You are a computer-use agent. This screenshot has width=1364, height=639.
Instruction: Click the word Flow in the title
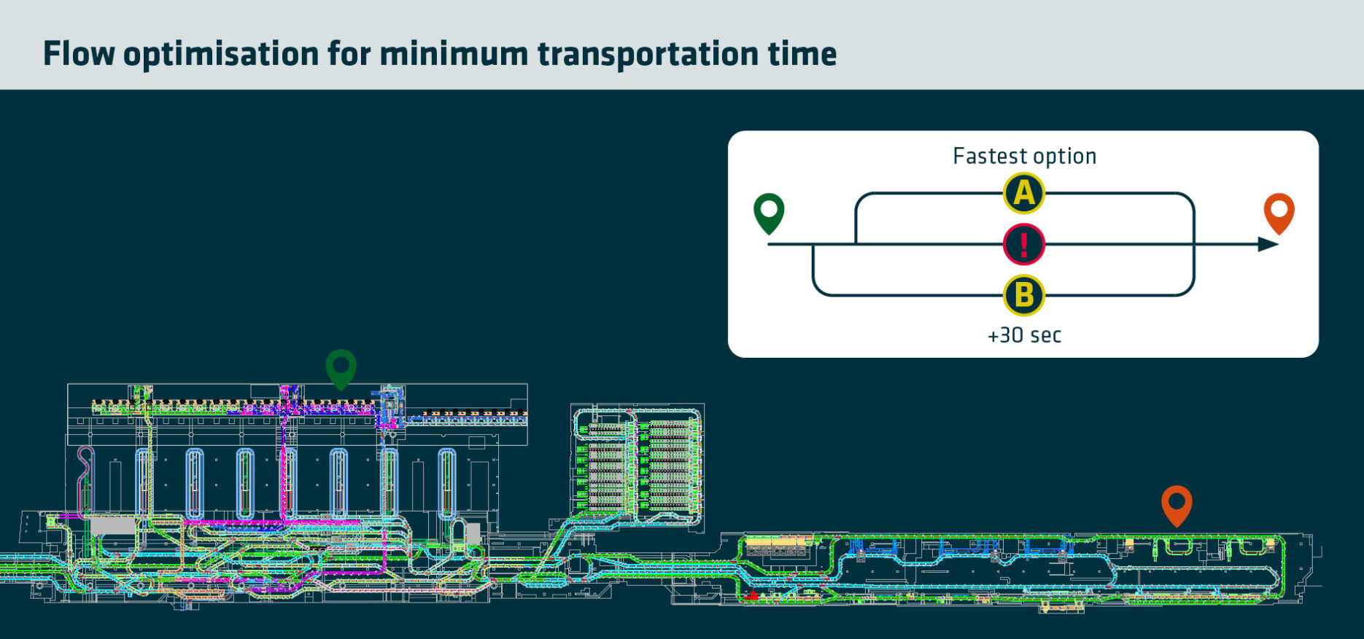[79, 54]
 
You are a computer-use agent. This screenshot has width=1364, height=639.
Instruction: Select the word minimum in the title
[453, 54]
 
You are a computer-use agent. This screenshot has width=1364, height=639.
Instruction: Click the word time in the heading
[802, 54]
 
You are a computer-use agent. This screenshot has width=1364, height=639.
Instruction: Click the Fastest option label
[1024, 156]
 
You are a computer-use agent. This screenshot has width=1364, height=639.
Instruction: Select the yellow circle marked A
[1024, 194]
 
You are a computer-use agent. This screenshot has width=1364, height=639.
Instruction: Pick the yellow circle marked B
[1024, 296]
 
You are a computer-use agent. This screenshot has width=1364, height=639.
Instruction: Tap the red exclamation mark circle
[1024, 245]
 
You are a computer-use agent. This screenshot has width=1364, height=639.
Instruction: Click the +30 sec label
[1024, 335]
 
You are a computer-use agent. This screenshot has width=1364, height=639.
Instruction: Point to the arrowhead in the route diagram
[1268, 245]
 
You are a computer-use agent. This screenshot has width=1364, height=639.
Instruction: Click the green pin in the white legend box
[769, 212]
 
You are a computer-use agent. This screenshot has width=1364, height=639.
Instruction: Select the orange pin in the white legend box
[1279, 212]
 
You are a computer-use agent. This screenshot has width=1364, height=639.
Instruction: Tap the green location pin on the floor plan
[341, 367]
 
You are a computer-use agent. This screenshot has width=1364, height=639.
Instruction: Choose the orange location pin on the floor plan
[1177, 504]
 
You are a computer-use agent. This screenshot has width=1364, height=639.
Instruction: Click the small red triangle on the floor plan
[753, 595]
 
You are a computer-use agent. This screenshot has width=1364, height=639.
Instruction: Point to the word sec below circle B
[1046, 335]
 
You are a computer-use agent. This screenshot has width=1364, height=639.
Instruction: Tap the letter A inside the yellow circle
[1024, 194]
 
